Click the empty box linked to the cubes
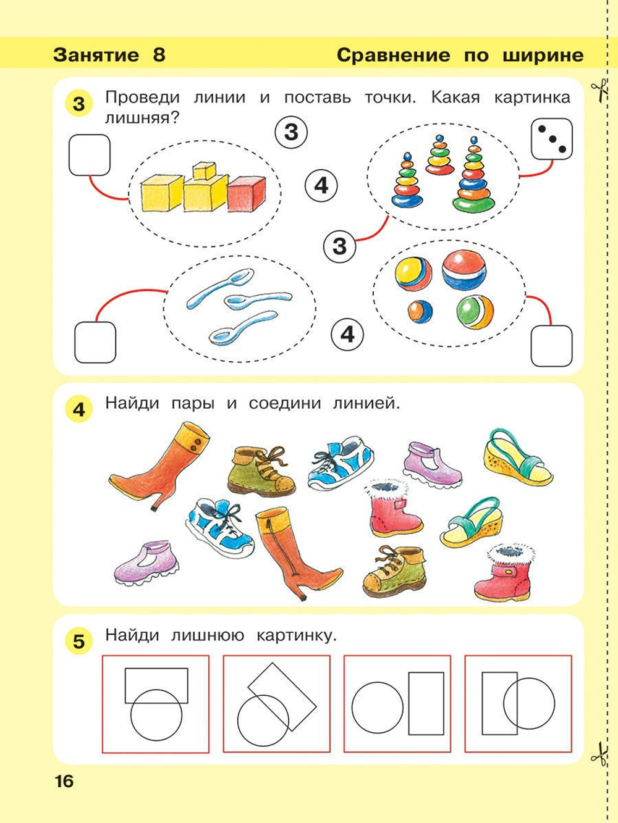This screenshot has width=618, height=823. pos(89,155)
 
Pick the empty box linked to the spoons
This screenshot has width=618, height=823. pos(95,342)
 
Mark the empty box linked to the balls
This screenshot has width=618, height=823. pos(551,346)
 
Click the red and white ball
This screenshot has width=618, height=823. pos(465,269)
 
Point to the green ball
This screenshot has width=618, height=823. pos(475,311)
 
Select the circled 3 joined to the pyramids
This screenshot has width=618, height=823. pos(339,246)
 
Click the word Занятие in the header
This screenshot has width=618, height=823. pos(96,55)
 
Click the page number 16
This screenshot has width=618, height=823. pos(64,782)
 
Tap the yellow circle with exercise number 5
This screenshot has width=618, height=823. pos(78,641)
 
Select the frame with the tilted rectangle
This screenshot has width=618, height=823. pos(276,704)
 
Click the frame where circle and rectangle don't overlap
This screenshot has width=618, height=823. pos(397,704)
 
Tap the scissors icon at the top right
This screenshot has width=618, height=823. pos(597,90)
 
